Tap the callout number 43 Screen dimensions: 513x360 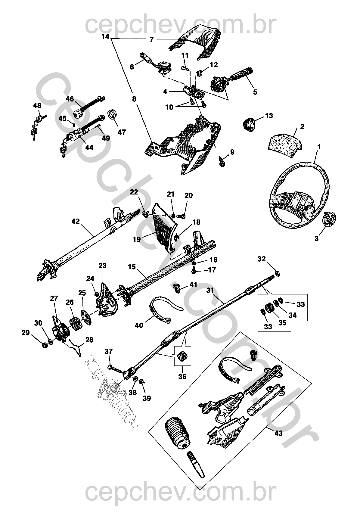point(279,433)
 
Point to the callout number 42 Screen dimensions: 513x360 point(76,221)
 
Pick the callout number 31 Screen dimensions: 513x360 point(210,291)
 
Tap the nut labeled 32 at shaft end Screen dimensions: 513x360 point(278,273)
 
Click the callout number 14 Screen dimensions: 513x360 point(105,37)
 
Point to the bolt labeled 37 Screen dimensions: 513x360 point(114,368)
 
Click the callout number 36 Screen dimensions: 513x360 point(182,376)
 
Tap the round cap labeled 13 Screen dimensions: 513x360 point(249,124)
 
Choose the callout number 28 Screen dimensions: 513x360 point(89,340)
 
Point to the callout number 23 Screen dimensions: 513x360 point(103,266)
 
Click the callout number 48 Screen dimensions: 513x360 point(37,105)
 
